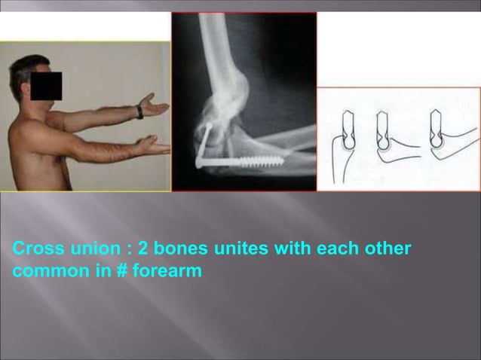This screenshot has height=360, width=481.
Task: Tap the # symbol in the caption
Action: coord(121,271)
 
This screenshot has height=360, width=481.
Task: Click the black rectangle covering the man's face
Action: coord(46,87)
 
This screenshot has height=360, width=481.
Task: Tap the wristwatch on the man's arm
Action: coord(139,112)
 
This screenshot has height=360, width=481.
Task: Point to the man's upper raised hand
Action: coord(156,105)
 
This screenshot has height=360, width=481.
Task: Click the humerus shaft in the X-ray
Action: coord(219,45)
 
